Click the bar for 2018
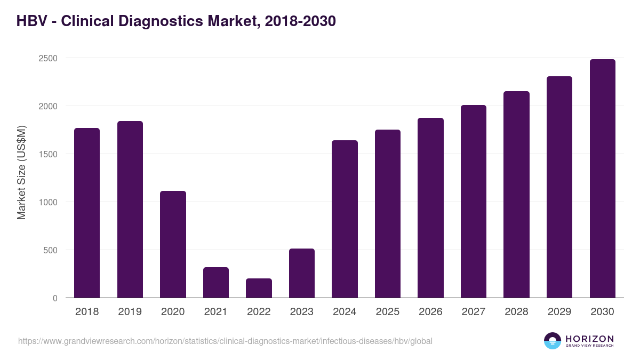point(87,213)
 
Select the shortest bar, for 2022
point(259,288)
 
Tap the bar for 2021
point(216,283)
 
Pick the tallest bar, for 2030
point(602,179)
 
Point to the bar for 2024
point(345,219)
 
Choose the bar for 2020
point(173,244)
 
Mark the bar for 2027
point(474,202)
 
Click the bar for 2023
point(302,273)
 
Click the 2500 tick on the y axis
point(47,58)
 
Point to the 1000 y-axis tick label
point(47,202)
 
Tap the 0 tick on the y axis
point(55,298)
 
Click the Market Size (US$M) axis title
point(21,172)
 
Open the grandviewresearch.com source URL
point(225,341)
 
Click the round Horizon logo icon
point(553,341)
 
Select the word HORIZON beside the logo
point(589,338)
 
